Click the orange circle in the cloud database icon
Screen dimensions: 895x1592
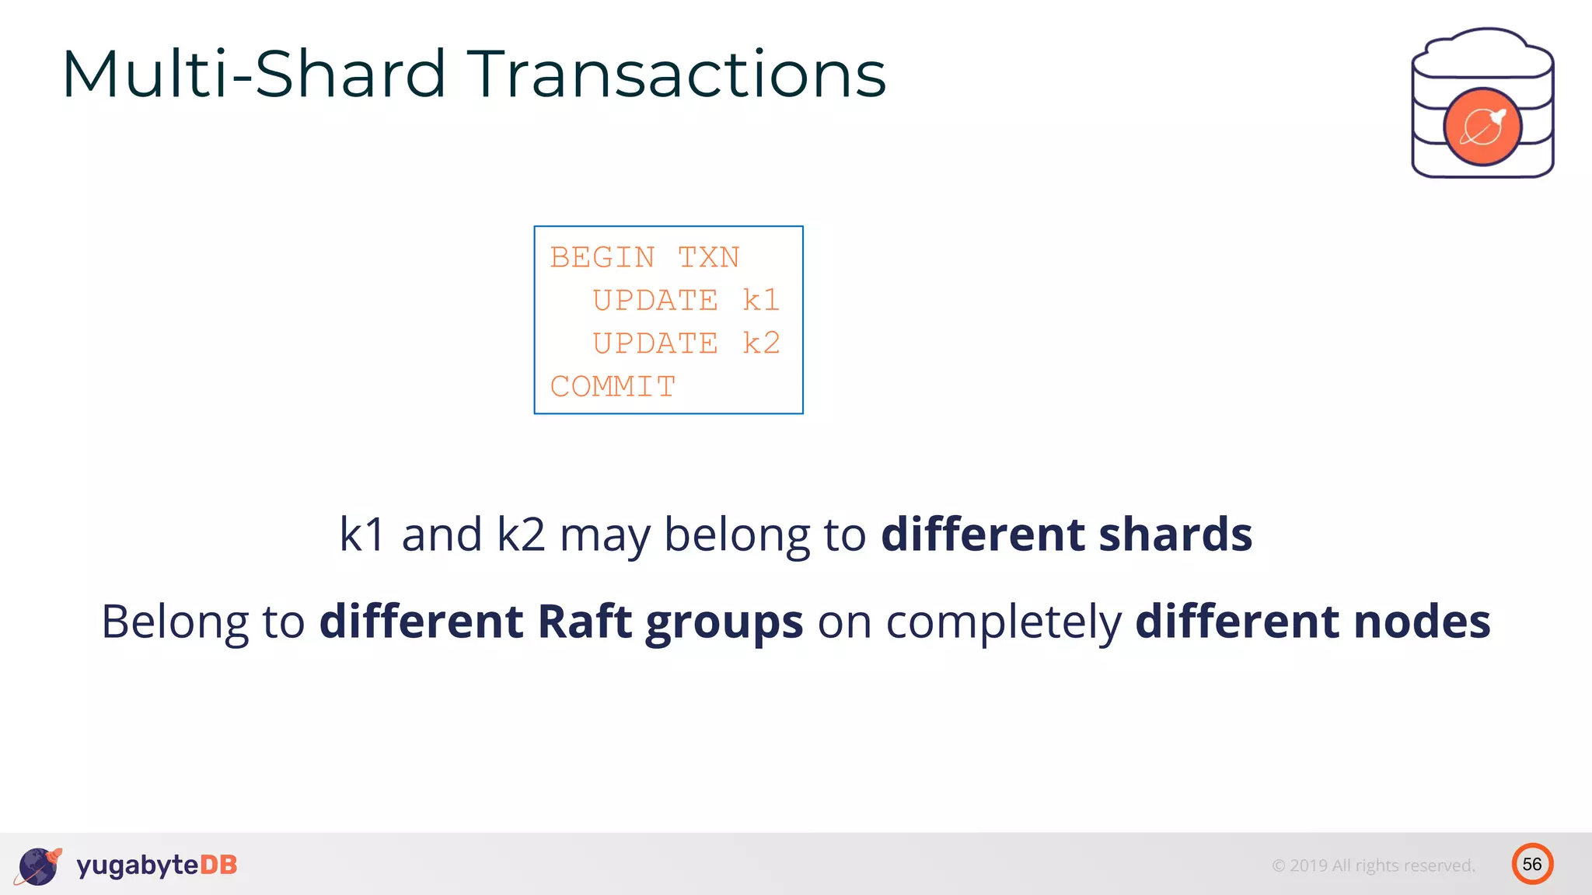1482,127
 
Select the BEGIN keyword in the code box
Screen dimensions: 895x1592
602,257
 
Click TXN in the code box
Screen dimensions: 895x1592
708,257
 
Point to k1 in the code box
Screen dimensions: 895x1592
760,300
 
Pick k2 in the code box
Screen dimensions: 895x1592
760,343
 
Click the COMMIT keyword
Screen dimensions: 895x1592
613,386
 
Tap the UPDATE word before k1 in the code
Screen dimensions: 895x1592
655,300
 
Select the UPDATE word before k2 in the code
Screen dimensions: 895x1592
655,343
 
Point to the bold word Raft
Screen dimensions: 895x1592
584,622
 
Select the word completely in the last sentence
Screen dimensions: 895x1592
1004,623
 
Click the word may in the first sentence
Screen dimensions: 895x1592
604,536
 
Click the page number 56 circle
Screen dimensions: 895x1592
1532,864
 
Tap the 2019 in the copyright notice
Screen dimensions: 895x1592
1308,865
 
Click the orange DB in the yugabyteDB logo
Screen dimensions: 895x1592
218,865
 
